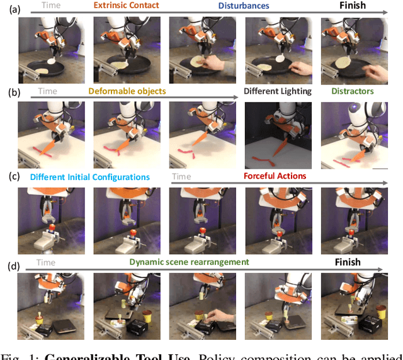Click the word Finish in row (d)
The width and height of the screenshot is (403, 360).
(x=347, y=262)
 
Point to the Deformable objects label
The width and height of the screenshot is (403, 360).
(x=127, y=91)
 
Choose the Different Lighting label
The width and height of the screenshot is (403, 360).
(x=278, y=91)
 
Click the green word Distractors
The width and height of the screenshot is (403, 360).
(x=353, y=91)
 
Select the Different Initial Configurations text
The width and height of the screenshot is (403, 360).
(x=90, y=176)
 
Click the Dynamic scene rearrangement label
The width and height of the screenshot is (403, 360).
(x=190, y=262)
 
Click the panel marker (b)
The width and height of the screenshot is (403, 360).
(x=8, y=93)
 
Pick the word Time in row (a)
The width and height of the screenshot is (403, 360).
(x=52, y=6)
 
